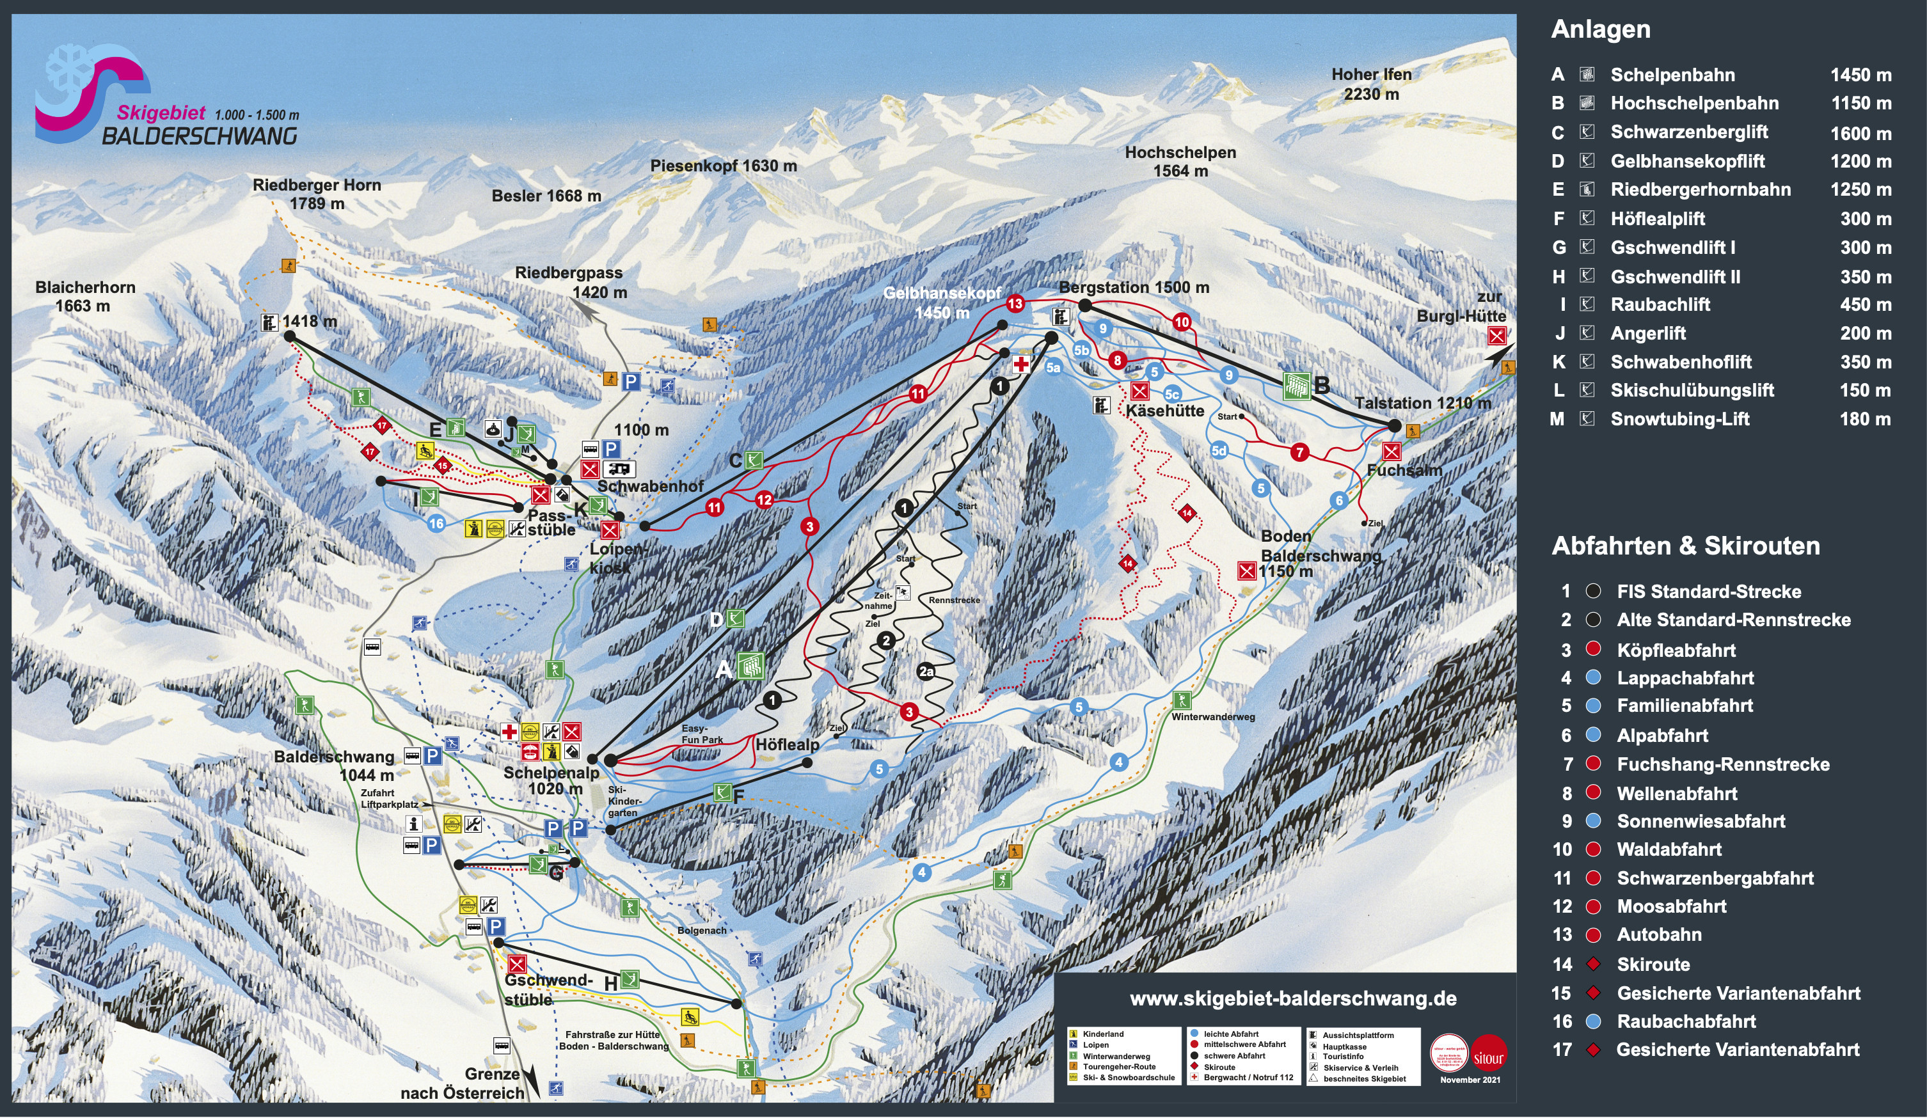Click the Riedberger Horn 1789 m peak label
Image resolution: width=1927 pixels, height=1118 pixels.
pyautogui.click(x=317, y=194)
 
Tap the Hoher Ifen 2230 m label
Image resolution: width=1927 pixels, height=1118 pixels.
pyautogui.click(x=1371, y=84)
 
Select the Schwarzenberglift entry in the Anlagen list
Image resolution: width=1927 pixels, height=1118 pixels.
pyautogui.click(x=1688, y=132)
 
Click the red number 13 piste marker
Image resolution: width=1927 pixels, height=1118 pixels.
pyautogui.click(x=1015, y=304)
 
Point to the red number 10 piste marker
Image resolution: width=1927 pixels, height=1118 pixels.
pyautogui.click(x=1182, y=322)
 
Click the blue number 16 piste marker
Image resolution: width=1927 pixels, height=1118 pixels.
pyautogui.click(x=436, y=524)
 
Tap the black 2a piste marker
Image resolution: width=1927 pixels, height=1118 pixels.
pyautogui.click(x=926, y=672)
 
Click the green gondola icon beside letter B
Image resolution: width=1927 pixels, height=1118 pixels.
pyautogui.click(x=1297, y=386)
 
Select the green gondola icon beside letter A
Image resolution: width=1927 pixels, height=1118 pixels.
pyautogui.click(x=750, y=666)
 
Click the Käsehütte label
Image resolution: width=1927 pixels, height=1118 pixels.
pyautogui.click(x=1164, y=411)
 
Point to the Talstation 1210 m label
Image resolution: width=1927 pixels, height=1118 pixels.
pyautogui.click(x=1422, y=403)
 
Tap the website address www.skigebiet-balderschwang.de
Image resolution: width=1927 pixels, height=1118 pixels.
pyautogui.click(x=1292, y=998)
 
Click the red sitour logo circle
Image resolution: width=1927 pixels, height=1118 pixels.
pyautogui.click(x=1488, y=1058)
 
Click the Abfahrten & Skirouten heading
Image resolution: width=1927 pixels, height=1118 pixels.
pyautogui.click(x=1685, y=546)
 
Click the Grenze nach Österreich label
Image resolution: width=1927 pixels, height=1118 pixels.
pyautogui.click(x=463, y=1083)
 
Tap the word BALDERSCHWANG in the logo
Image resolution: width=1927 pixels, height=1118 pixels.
pyautogui.click(x=200, y=136)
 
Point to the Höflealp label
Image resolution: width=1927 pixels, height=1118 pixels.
pyautogui.click(x=787, y=744)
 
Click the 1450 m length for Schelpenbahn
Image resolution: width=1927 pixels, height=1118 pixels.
pyautogui.click(x=1860, y=75)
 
